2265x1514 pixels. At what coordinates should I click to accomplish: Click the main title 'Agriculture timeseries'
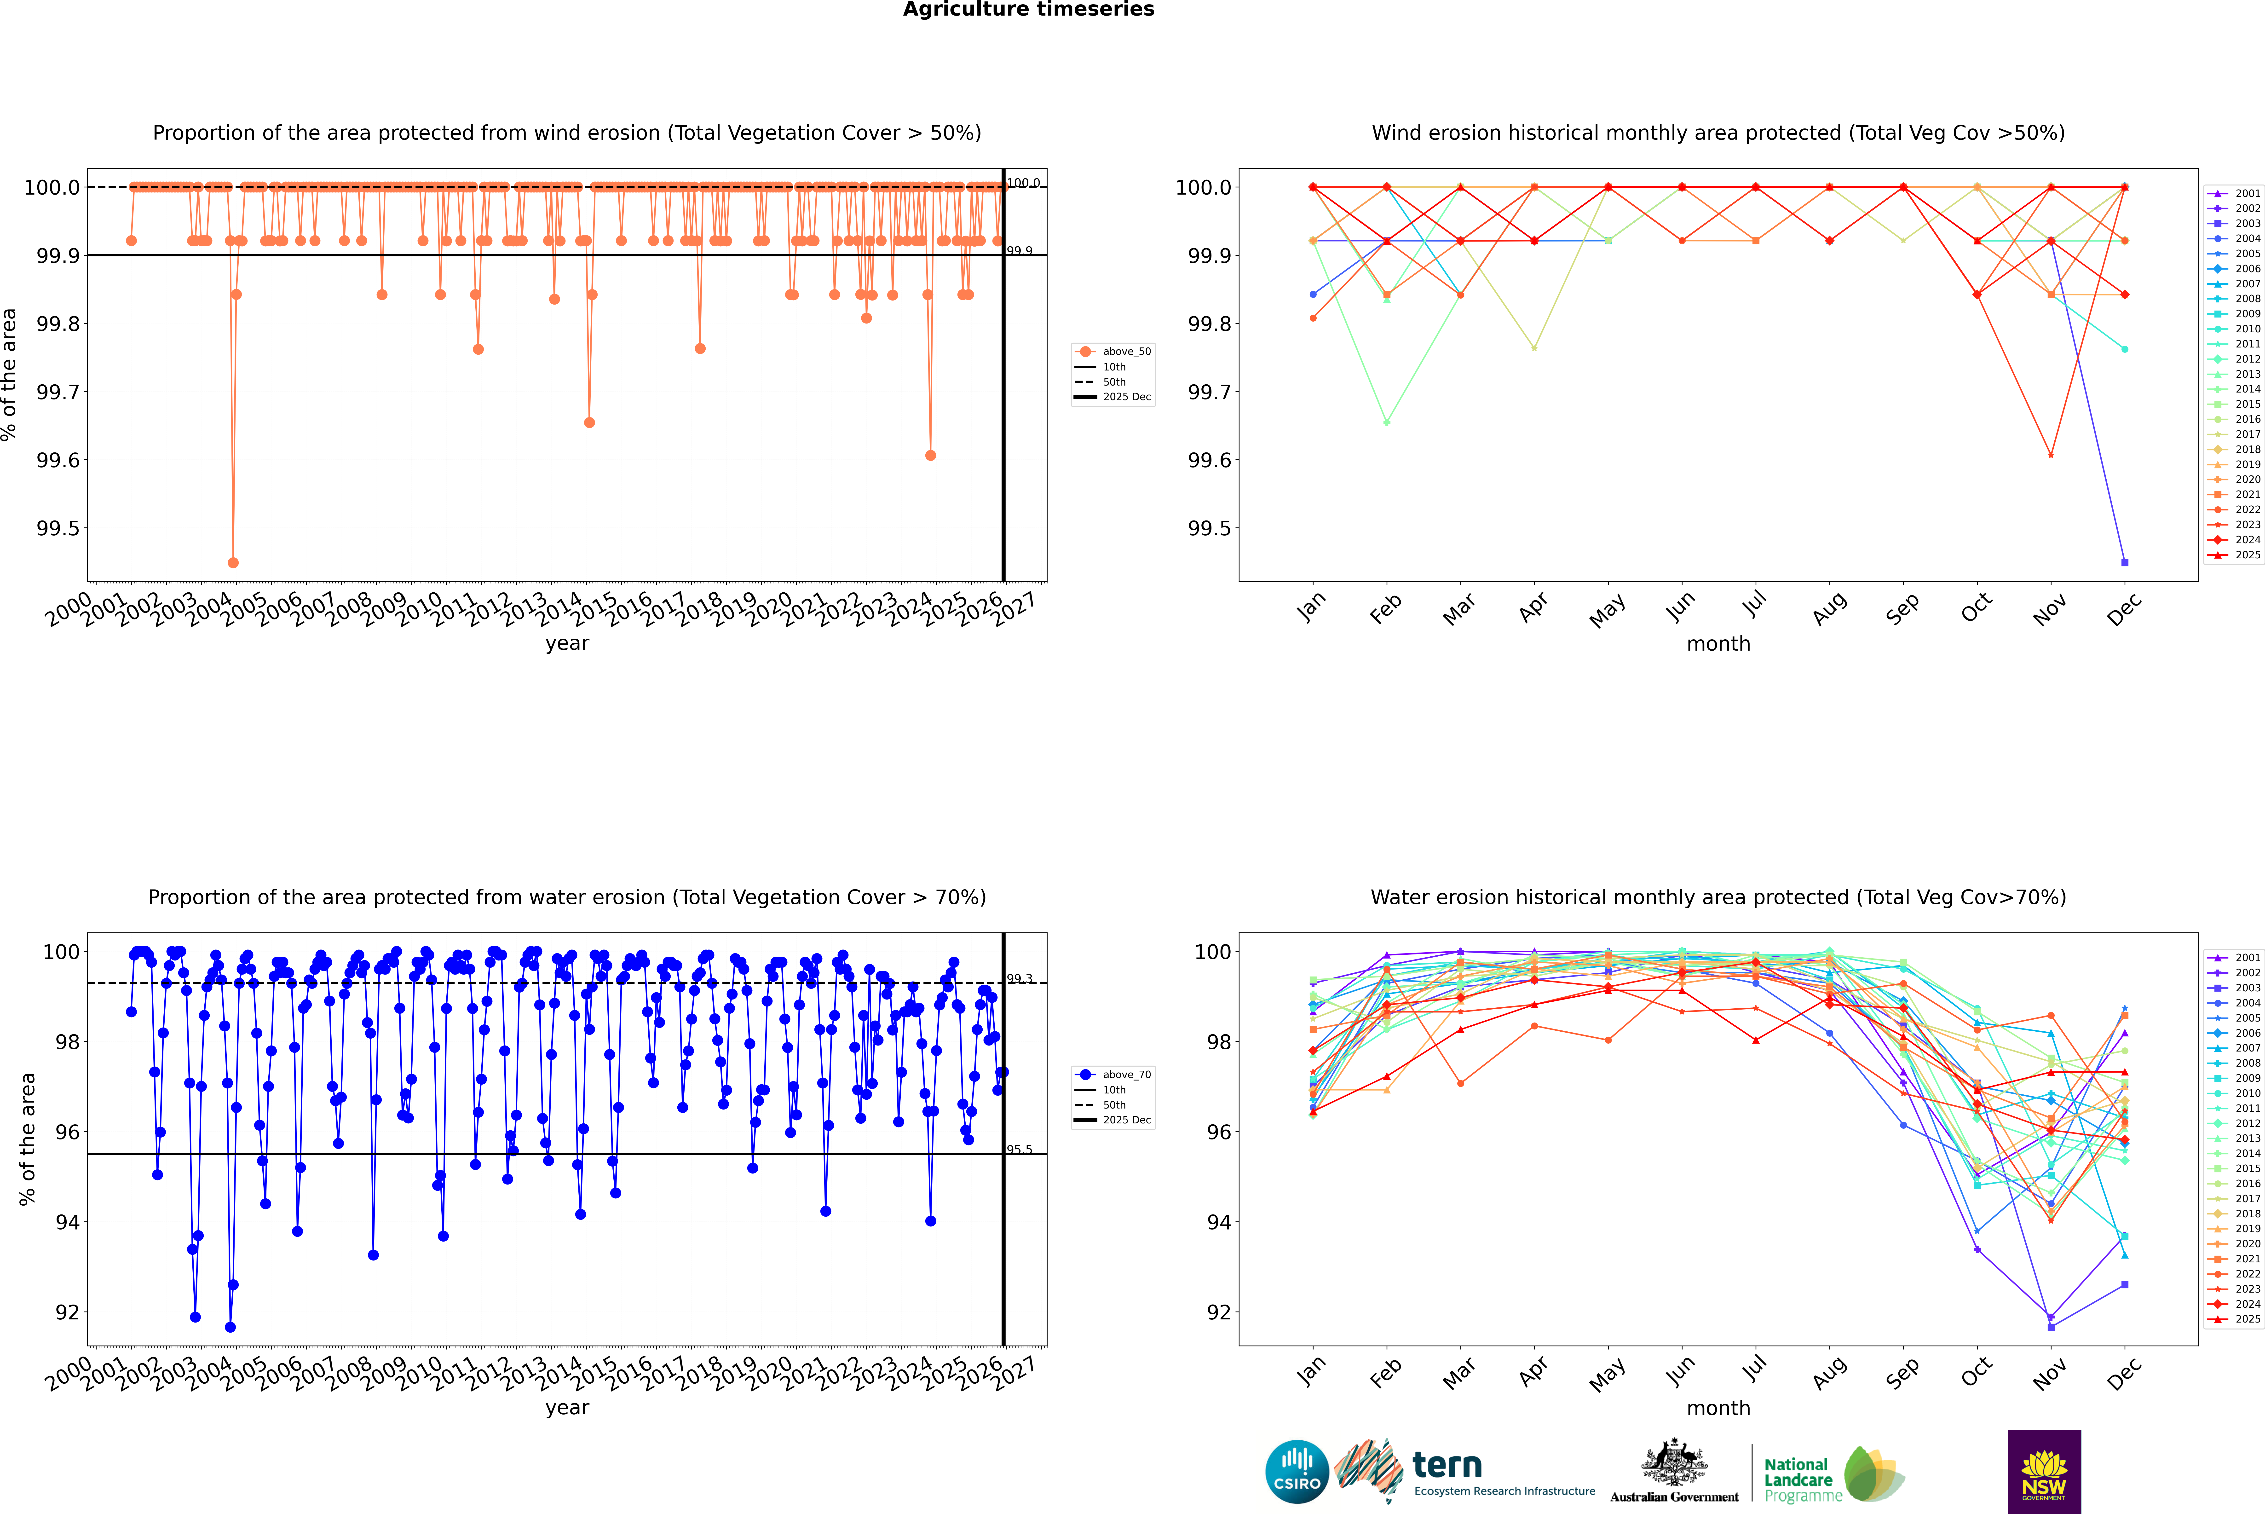coord(1028,10)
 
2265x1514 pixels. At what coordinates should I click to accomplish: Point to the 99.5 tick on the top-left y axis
coord(58,528)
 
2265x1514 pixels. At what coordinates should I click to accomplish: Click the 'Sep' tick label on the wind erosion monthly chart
coord(1902,608)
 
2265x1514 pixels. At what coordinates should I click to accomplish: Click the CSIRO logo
coord(1297,1472)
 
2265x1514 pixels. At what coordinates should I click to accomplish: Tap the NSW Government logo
coord(2044,1472)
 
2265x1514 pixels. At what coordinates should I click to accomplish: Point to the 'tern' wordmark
coord(1446,1465)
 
